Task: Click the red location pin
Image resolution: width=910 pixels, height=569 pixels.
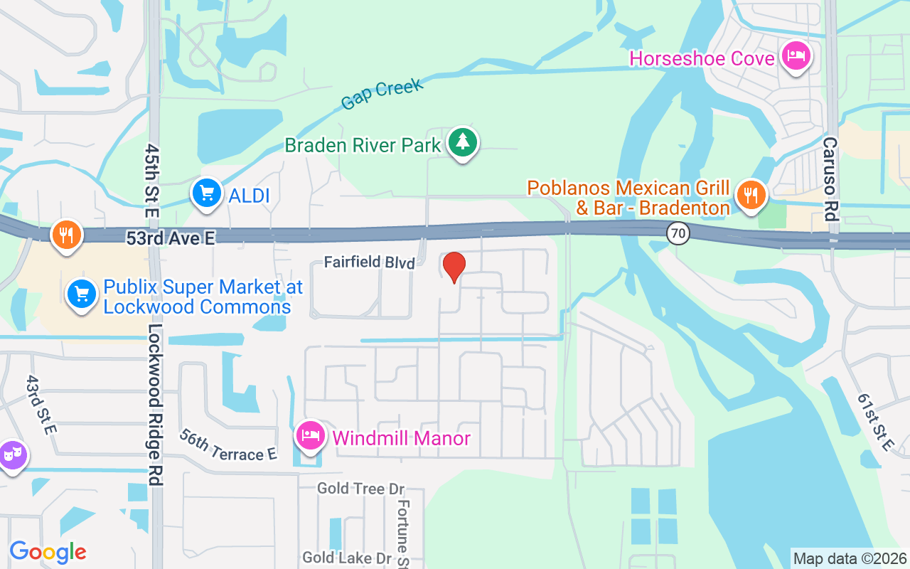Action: [x=454, y=267]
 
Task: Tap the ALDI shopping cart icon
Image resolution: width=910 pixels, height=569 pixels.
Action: [x=207, y=193]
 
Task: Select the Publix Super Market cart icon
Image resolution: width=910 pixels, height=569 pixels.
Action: [x=82, y=293]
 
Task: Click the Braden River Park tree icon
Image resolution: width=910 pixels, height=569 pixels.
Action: [x=463, y=142]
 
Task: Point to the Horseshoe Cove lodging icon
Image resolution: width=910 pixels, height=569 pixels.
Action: [x=796, y=55]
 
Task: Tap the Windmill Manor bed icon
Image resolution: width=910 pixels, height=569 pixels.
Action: [x=310, y=435]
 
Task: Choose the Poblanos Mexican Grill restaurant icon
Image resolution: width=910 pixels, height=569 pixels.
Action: [x=750, y=193]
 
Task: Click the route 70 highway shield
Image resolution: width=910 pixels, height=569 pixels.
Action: [x=679, y=233]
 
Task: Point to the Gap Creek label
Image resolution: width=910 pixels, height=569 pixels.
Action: [x=382, y=94]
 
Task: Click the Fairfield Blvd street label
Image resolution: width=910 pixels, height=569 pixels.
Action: [x=369, y=262]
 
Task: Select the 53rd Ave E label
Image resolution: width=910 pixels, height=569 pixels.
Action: [x=170, y=238]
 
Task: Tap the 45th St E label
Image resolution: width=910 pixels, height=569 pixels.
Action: [x=151, y=181]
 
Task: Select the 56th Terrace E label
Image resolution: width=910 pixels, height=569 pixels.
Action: [x=227, y=445]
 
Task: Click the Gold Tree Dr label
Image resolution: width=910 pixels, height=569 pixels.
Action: [x=360, y=489]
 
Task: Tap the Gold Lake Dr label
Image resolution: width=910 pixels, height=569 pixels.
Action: [x=348, y=557]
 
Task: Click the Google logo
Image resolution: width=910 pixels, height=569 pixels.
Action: [x=48, y=552]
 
